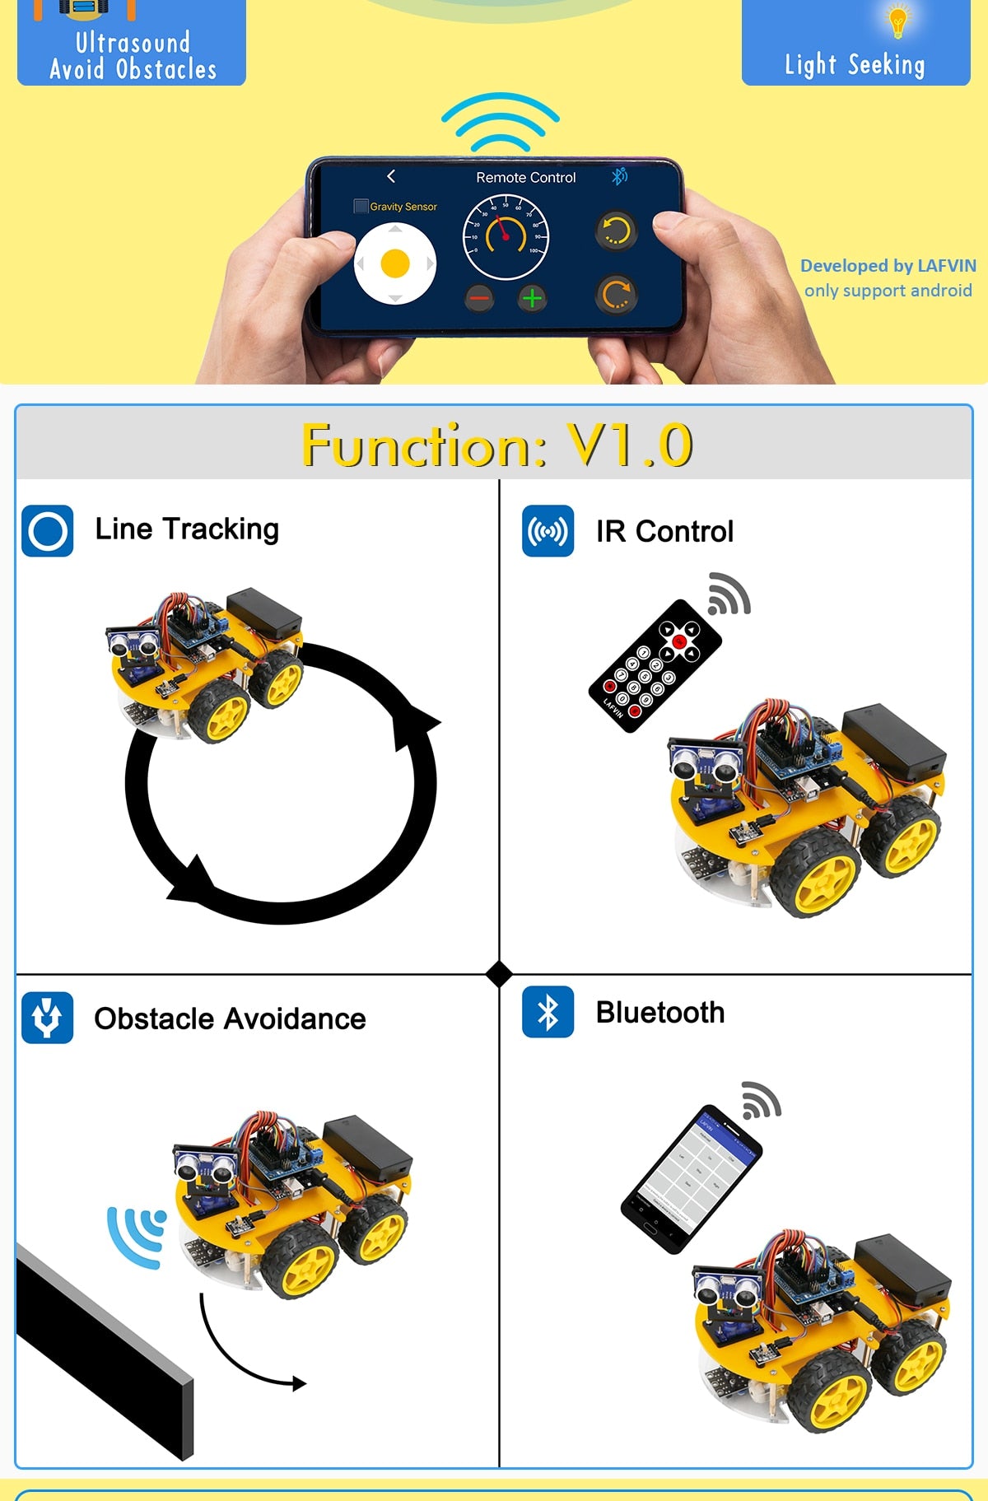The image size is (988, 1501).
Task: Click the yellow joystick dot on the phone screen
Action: coord(395,263)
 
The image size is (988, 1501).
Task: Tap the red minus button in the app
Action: coord(479,297)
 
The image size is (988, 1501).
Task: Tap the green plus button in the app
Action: coord(532,297)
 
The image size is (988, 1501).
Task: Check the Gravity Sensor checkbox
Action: coord(361,206)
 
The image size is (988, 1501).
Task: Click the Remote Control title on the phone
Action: coord(525,178)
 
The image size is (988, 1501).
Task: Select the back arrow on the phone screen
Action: coord(391,176)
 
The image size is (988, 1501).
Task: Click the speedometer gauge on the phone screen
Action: coord(506,237)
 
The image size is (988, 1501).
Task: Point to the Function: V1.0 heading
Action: coord(496,445)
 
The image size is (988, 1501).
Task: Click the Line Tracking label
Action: coord(187,529)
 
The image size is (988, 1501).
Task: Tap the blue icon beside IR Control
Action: coord(548,531)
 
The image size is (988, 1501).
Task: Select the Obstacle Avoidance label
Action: coord(230,1019)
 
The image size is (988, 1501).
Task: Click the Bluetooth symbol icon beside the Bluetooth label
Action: coord(548,1012)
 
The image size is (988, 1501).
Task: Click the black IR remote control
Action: coord(655,665)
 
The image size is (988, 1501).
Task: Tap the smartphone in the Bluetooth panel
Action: coord(692,1178)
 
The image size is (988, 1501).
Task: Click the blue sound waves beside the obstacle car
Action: coord(136,1235)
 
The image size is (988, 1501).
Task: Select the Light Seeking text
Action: coord(855,64)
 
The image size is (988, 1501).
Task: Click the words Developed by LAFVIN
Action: coord(888,266)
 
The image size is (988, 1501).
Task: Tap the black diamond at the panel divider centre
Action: coord(499,974)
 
